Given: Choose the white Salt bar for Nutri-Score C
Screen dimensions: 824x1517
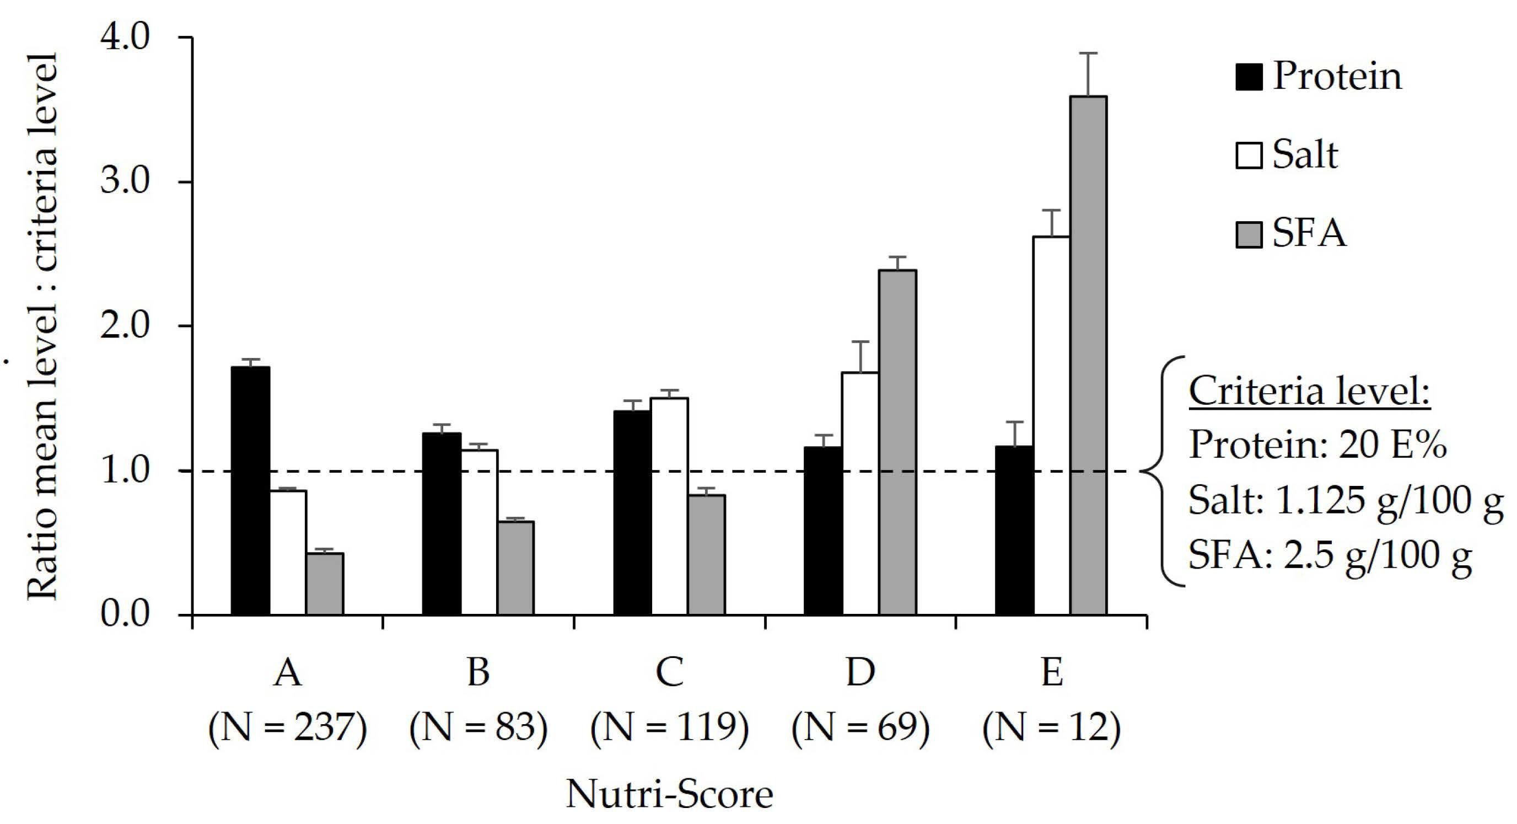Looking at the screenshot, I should [669, 506].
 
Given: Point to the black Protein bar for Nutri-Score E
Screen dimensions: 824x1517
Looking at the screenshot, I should [1014, 531].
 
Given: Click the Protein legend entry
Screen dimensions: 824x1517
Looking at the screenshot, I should [1319, 77].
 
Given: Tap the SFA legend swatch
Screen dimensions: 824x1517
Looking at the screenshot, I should [1249, 234].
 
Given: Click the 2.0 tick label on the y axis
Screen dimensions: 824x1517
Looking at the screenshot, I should [125, 325].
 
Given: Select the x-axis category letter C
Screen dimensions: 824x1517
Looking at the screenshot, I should [670, 671].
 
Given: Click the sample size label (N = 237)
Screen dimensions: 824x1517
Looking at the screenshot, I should [287, 728].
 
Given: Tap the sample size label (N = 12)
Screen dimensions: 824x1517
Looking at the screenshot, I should [1051, 728].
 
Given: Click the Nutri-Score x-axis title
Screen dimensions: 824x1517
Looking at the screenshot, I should [669, 795].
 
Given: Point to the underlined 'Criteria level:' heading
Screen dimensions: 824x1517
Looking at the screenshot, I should [1309, 391].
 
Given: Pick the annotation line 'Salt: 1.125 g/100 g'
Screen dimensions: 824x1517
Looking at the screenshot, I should [1345, 501].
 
